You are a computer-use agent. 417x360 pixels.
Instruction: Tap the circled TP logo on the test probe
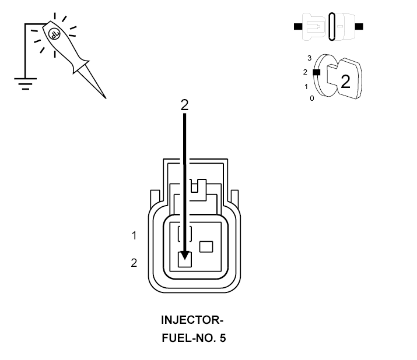(55, 34)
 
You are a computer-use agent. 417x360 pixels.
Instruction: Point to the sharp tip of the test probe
(106, 98)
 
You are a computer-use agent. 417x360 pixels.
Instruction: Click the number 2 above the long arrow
(184, 105)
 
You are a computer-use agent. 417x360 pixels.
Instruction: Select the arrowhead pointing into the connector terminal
(184, 256)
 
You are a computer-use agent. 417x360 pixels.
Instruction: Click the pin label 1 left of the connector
(134, 235)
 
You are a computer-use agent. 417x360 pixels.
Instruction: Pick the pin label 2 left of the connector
(134, 263)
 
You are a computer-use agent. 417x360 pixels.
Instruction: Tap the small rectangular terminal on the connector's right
(206, 246)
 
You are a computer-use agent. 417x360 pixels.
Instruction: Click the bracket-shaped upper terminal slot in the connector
(184, 234)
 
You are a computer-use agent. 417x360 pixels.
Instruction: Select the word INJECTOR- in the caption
(192, 320)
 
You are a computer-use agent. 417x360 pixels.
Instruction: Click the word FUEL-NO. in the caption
(188, 338)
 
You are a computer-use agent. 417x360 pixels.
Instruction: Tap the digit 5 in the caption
(223, 338)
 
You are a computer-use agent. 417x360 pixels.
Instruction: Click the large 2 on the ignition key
(345, 82)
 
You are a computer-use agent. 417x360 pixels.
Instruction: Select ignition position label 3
(309, 58)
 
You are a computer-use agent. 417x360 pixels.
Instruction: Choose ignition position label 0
(312, 98)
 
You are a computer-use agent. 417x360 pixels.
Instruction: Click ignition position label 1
(306, 87)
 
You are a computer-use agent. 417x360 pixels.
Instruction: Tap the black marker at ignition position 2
(317, 72)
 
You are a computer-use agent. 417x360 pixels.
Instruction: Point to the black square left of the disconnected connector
(298, 27)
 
